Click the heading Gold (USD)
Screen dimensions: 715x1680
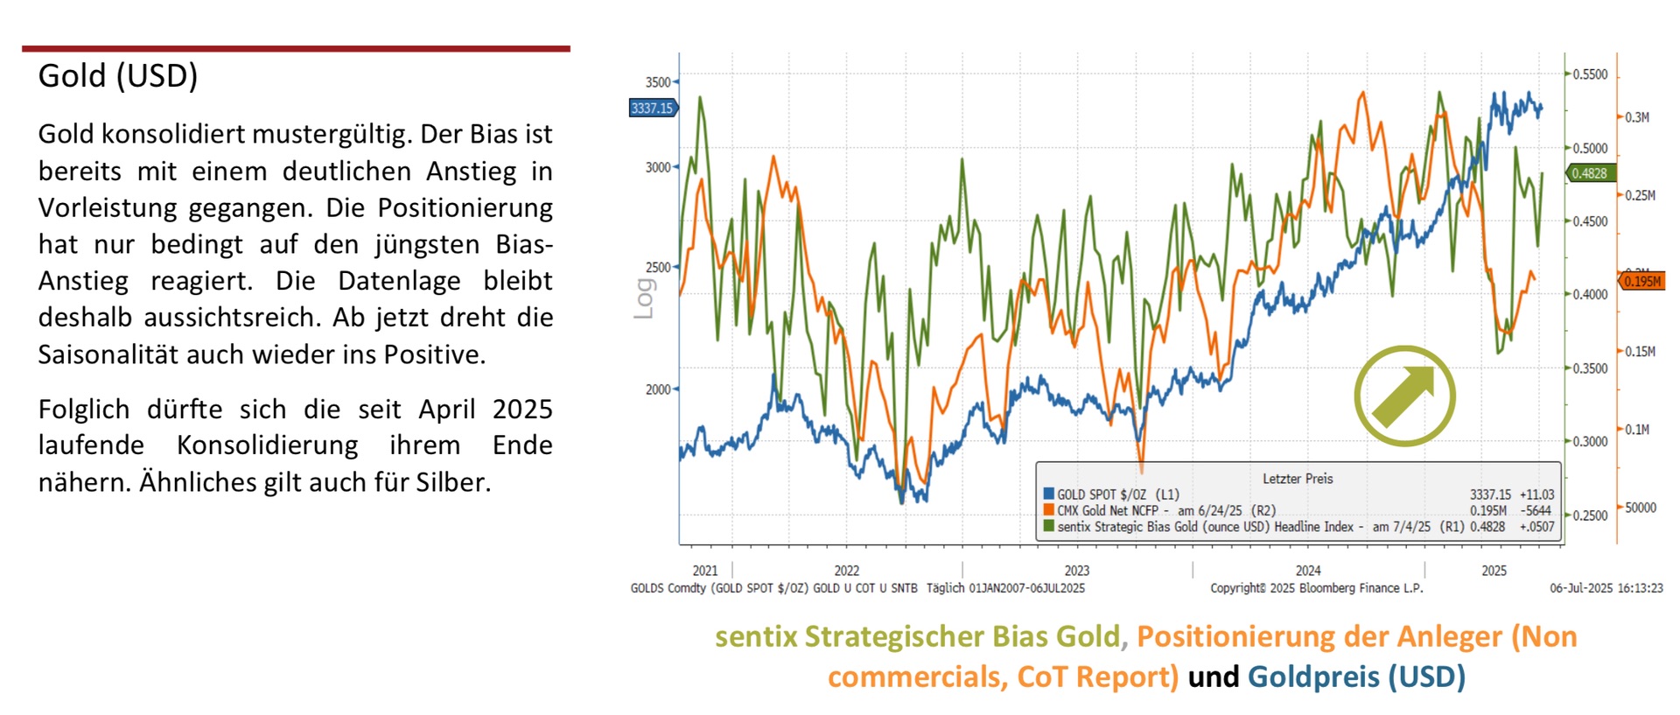click(118, 76)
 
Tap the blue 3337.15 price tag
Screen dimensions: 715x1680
click(653, 109)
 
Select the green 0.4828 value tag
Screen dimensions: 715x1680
click(1589, 173)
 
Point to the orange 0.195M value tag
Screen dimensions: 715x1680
click(1641, 281)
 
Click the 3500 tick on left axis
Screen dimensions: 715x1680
click(658, 82)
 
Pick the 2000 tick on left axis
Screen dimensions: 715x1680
click(658, 389)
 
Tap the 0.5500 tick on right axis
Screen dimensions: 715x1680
click(1590, 74)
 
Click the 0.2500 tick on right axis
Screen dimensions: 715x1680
click(1590, 515)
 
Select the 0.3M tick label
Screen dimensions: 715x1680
click(1637, 117)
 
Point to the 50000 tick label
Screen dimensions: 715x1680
click(1641, 508)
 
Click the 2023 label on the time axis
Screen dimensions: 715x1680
click(1077, 571)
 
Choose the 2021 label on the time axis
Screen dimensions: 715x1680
click(705, 571)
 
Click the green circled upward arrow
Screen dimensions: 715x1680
click(1404, 396)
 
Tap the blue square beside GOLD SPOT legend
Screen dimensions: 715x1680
click(1048, 494)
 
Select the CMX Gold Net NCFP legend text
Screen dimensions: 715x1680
click(1108, 510)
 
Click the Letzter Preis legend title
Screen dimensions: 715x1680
click(1298, 479)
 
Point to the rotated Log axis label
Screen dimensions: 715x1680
click(644, 298)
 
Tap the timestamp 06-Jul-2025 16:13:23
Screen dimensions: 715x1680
click(1606, 588)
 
